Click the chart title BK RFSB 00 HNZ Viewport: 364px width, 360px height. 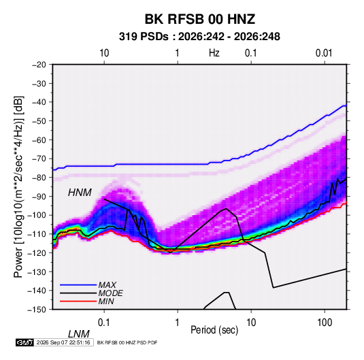[200, 19]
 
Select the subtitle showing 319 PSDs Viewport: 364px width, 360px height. [199, 37]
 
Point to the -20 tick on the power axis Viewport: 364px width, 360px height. [39, 65]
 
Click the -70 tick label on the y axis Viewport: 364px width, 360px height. [39, 159]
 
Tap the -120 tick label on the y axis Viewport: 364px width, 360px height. [37, 252]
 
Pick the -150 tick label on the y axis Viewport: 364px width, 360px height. [37, 310]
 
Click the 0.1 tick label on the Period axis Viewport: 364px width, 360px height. [104, 323]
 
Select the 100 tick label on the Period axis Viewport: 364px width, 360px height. [325, 323]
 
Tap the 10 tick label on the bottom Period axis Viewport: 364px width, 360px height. [251, 323]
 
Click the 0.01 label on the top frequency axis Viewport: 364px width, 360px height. [324, 53]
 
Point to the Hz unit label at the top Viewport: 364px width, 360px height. [214, 53]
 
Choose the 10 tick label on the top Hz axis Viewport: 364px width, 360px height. [104, 53]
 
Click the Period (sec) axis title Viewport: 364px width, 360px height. [214, 330]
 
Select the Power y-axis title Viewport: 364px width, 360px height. [18, 186]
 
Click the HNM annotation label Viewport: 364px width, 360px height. [80, 193]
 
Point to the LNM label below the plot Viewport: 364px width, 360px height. [79, 334]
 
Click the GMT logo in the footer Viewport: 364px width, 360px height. [24, 342]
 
